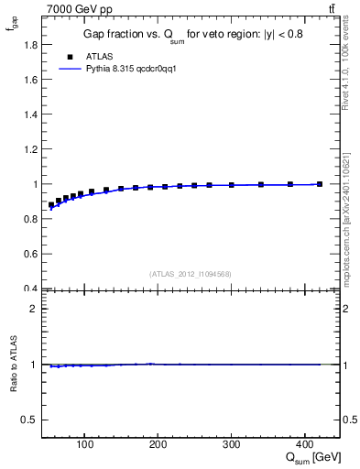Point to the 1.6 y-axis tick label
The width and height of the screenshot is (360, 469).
[x=30, y=79]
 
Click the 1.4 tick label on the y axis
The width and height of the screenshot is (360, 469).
[x=30, y=114]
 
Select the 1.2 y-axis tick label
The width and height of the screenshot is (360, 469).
[x=30, y=149]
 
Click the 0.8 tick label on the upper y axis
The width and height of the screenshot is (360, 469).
[x=30, y=219]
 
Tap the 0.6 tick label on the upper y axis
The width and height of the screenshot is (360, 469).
[x=30, y=254]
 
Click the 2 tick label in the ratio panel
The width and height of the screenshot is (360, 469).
[x=34, y=309]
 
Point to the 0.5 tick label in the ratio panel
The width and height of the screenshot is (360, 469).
[x=30, y=420]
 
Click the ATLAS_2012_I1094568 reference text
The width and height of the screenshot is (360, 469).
[x=191, y=274]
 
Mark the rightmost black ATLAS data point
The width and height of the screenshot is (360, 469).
[x=320, y=184]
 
